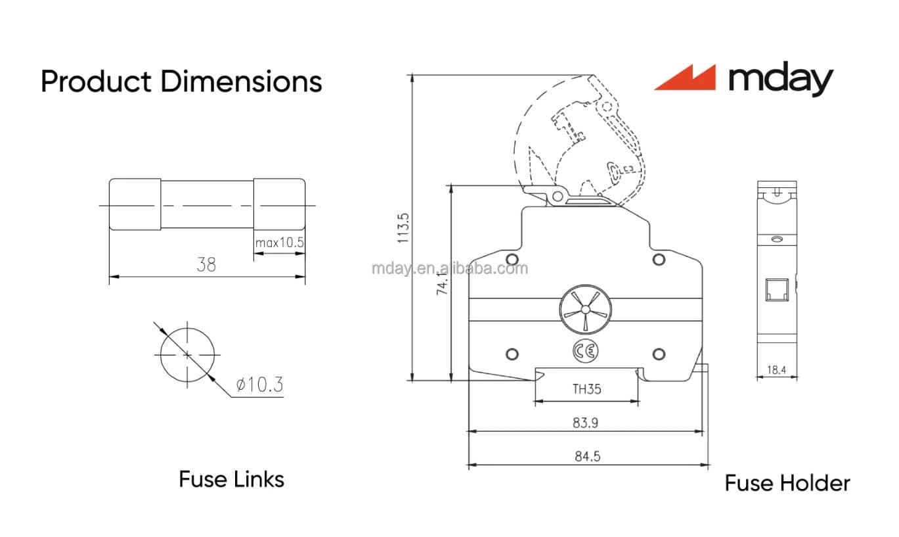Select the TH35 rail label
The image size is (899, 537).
pos(586,389)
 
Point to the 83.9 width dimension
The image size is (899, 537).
pos(585,423)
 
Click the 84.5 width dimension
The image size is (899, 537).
pos(587,456)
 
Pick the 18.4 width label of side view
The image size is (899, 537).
pos(776,370)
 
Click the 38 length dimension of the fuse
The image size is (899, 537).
pos(206,265)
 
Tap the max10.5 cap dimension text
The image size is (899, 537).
pos(280,243)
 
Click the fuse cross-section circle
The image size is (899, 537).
pos(187,355)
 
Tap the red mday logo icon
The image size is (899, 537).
pos(685,78)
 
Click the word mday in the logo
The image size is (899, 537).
pos(780,80)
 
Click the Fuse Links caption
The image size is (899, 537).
pos(231,479)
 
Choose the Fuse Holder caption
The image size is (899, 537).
pos(787,483)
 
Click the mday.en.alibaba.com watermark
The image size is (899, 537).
pos(449,268)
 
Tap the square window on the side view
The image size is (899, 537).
pos(776,290)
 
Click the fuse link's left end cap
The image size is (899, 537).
pos(135,204)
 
